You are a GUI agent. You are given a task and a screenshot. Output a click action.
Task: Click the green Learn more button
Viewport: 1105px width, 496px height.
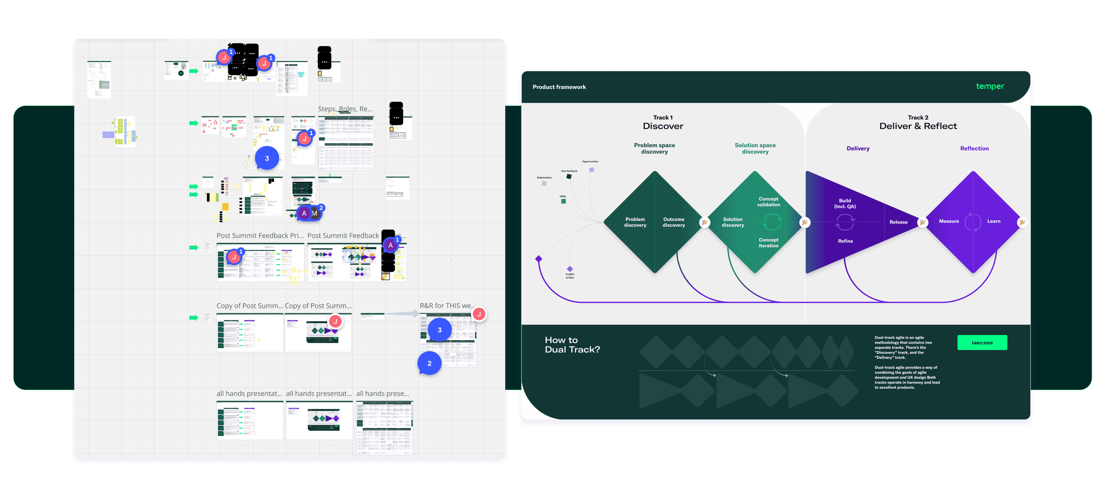[x=982, y=342]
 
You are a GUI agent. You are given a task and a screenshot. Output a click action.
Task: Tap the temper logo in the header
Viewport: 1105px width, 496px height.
[x=990, y=86]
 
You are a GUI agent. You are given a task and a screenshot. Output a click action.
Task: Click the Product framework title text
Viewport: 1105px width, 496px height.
[x=559, y=87]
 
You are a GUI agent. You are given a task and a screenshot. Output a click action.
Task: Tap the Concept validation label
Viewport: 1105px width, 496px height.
[x=768, y=202]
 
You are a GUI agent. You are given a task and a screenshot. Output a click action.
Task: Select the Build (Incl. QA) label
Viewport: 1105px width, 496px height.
[x=845, y=203]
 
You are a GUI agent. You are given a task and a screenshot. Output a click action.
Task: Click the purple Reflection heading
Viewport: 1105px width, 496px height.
[x=974, y=148]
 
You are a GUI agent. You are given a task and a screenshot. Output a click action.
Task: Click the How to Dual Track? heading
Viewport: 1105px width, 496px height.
[x=572, y=344]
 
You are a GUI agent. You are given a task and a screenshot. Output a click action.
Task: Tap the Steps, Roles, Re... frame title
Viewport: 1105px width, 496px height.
[x=345, y=109]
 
